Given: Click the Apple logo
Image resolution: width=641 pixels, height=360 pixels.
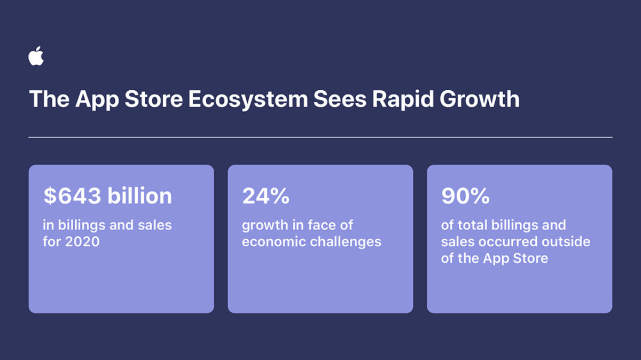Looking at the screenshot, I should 36,56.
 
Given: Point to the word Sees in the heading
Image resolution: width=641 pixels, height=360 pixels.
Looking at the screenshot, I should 333,100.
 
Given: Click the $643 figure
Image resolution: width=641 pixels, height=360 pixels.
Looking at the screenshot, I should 73,196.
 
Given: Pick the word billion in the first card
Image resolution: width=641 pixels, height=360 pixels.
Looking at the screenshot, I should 139,196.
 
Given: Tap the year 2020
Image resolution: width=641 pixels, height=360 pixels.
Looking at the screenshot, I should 82,241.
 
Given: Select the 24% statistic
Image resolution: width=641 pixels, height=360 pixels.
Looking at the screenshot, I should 265,196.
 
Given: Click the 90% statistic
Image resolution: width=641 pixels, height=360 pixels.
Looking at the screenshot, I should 465,196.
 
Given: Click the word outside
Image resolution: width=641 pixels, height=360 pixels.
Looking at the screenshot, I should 567,241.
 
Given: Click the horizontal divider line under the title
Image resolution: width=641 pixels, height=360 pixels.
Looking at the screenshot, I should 320,137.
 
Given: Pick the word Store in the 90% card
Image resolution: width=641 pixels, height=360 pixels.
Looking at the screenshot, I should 531,258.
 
